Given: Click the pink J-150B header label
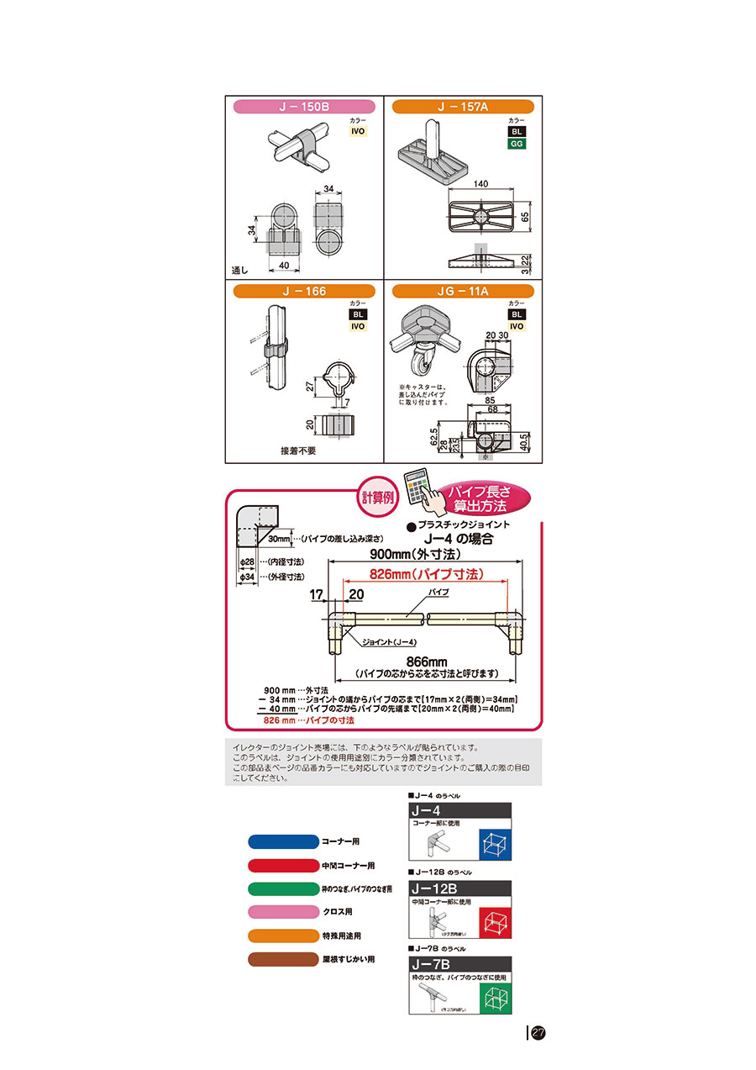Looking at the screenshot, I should tap(303, 107).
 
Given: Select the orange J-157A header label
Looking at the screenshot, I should tap(462, 107).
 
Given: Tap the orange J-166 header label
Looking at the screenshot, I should tap(303, 291).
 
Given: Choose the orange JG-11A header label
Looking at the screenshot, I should tap(462, 291).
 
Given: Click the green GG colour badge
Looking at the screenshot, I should tap(517, 144).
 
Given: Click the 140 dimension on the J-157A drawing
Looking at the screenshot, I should tap(481, 183).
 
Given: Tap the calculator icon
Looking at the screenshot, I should tap(418, 491).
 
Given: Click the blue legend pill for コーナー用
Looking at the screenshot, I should tap(283, 841).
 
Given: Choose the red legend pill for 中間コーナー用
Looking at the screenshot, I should tap(283, 865).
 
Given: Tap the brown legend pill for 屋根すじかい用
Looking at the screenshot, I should tap(283, 959).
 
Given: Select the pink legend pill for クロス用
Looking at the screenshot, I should tap(283, 912).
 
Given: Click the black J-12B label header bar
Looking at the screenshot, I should tap(459, 888).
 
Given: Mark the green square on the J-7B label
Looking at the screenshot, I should tap(495, 998).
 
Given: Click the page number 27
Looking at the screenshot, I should tap(538, 1032).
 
